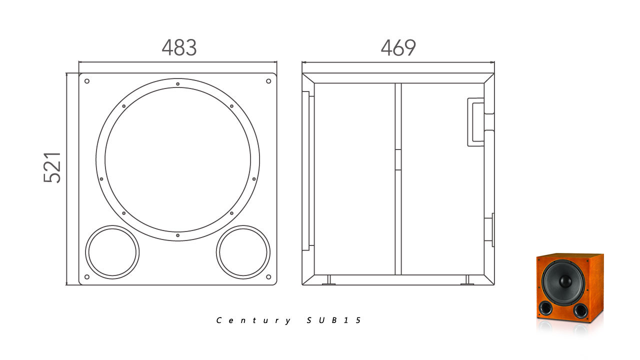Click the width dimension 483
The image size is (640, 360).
[x=179, y=47]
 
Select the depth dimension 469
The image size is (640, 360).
[x=398, y=47]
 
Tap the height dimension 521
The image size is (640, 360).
[x=52, y=167]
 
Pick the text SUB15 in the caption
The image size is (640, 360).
[x=333, y=320]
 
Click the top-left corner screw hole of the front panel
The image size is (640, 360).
[x=87, y=81]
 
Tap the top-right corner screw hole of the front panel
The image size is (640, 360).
[x=268, y=81]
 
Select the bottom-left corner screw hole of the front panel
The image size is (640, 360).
[x=87, y=277]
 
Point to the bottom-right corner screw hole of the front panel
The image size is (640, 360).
[x=268, y=277]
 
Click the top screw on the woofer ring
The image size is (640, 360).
[x=177, y=84]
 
